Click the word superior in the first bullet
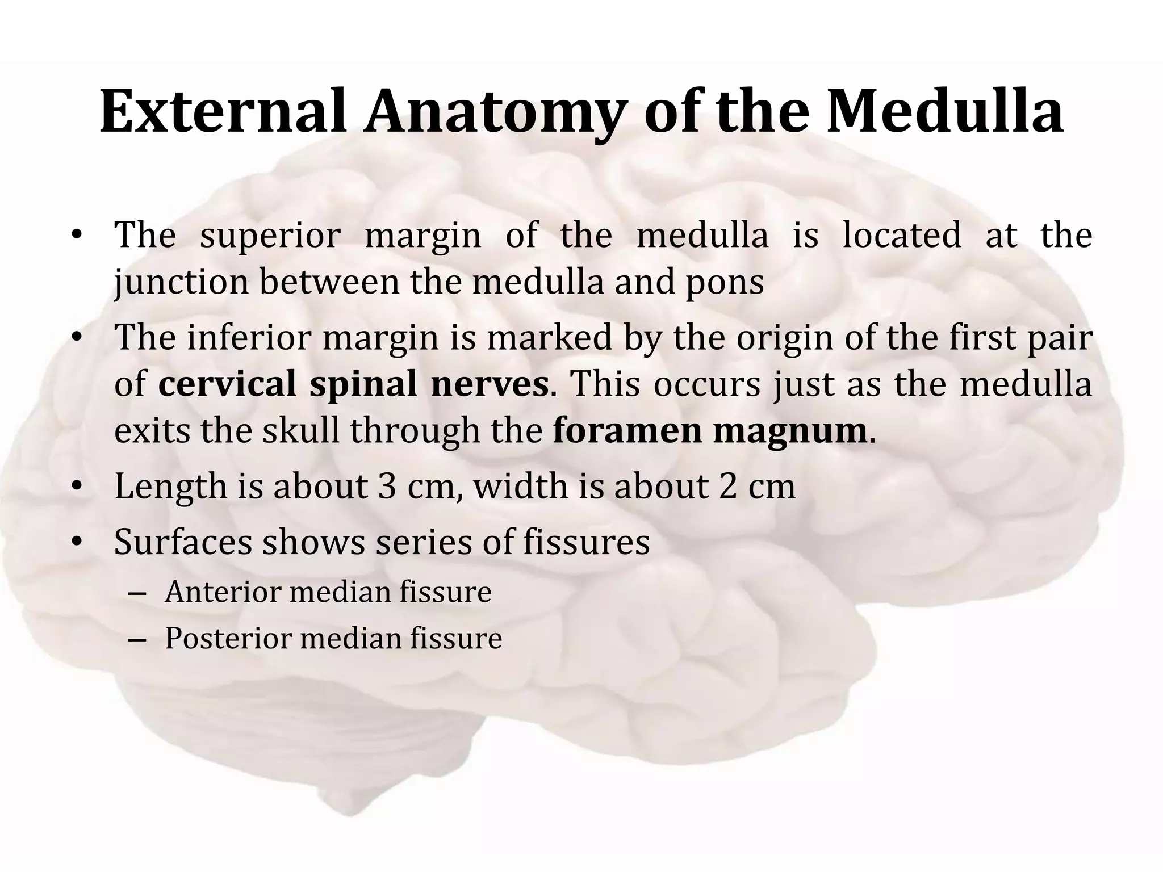[x=270, y=236]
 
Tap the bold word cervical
[x=227, y=384]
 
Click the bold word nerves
[x=489, y=384]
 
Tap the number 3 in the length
[x=387, y=487]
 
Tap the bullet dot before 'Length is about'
[x=77, y=487]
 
